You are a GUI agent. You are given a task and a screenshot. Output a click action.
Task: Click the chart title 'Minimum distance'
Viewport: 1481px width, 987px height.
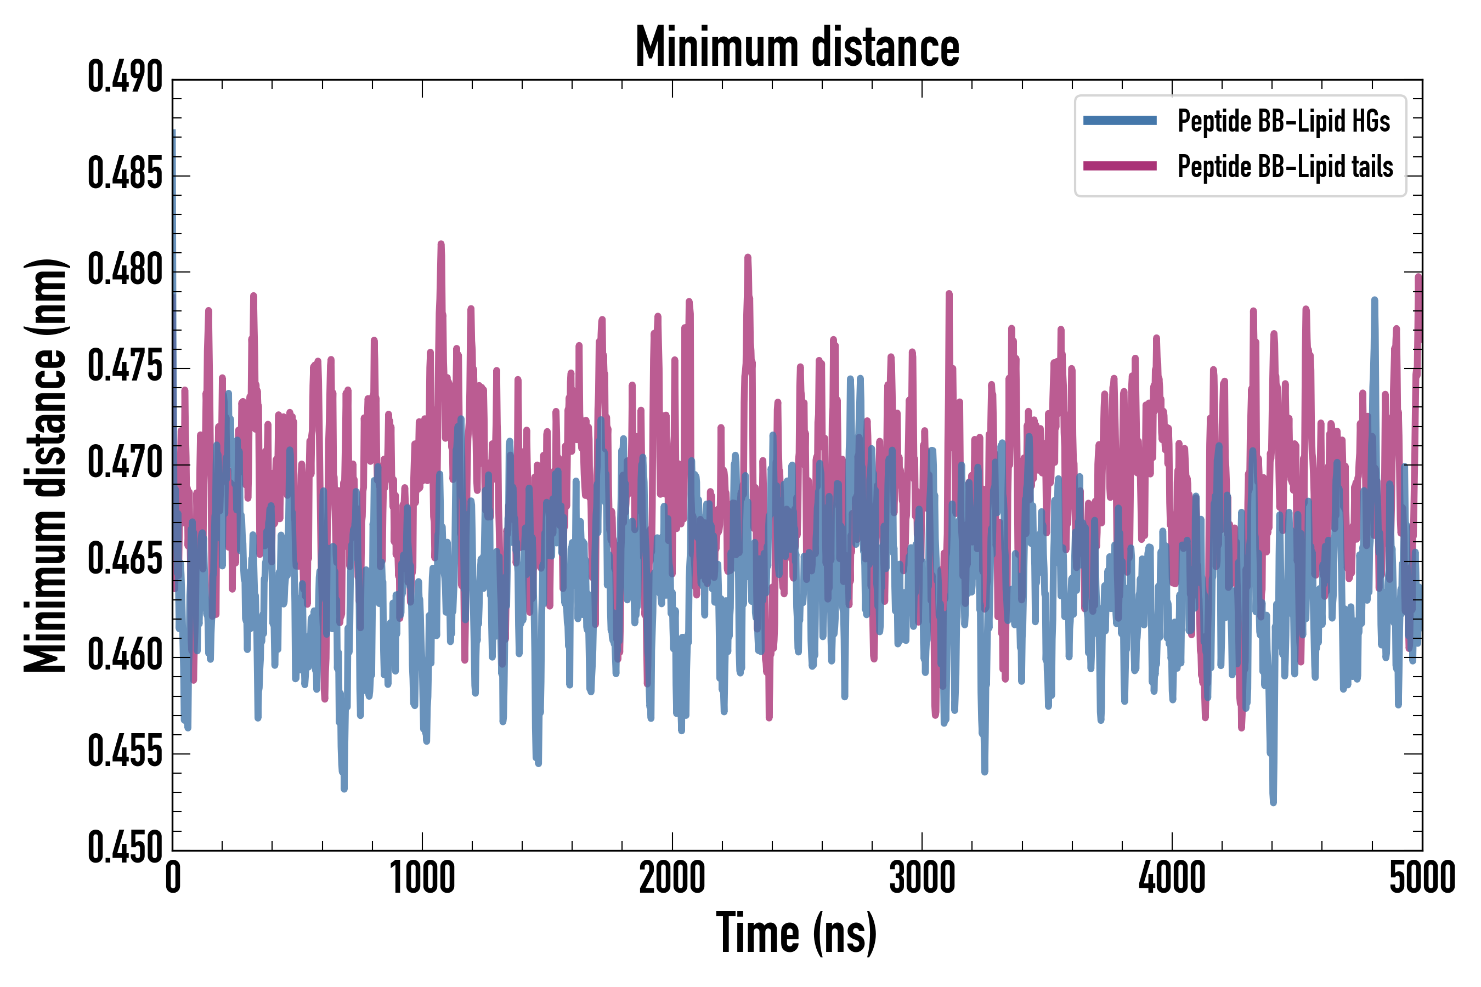(x=797, y=47)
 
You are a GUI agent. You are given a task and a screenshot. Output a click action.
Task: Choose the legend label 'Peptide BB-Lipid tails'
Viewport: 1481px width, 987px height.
(x=1285, y=167)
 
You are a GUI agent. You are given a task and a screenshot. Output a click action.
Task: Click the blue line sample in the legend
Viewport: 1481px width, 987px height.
(x=1120, y=121)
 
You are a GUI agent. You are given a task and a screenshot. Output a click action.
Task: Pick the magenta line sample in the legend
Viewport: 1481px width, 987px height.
(x=1120, y=166)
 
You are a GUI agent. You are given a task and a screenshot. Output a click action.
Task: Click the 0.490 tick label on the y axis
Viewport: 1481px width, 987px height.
(x=125, y=77)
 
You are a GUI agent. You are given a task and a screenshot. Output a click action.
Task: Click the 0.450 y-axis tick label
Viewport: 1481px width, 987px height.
(x=125, y=848)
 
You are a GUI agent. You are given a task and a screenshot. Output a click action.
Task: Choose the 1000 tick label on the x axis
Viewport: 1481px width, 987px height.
(x=422, y=879)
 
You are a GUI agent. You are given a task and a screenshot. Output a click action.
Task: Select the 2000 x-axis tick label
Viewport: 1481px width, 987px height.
(x=672, y=879)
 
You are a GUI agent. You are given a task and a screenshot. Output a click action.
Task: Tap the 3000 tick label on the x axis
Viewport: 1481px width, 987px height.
(x=922, y=879)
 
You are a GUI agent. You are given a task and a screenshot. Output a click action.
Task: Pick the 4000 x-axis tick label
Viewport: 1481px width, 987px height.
(x=1172, y=879)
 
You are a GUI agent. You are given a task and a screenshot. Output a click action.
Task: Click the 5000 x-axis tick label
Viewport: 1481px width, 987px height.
(x=1422, y=879)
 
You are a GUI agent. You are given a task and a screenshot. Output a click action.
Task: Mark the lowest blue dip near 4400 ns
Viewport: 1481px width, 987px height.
(x=1273, y=803)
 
